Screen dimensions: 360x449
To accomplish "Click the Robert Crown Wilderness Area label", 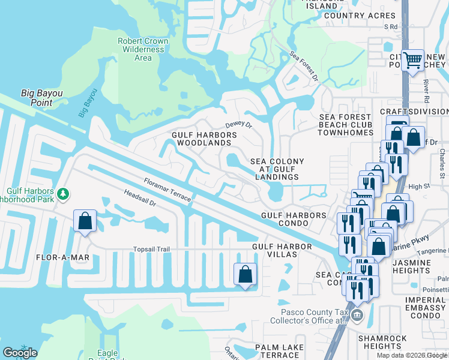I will [x=143, y=49].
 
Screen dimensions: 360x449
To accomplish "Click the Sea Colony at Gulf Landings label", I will [x=277, y=169].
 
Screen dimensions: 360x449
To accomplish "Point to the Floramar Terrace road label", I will [x=167, y=189].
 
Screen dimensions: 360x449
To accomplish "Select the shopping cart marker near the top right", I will [x=412, y=60].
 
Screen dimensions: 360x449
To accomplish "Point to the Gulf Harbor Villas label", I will [x=282, y=250].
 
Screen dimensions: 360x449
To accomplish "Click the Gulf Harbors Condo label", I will [x=294, y=219].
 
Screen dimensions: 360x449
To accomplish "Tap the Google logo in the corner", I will [x=20, y=353].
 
